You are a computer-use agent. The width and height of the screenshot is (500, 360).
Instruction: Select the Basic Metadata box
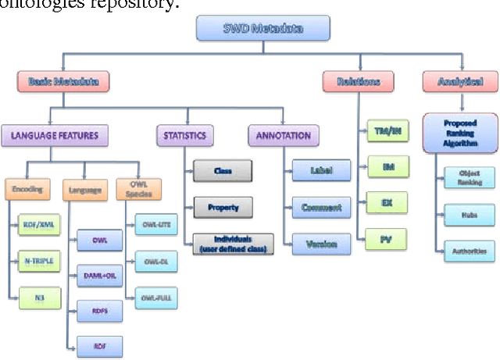63,80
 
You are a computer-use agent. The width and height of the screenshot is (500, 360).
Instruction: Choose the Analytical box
460,80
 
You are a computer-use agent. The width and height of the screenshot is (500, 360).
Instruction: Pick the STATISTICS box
184,136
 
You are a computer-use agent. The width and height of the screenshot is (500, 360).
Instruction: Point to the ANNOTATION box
284,136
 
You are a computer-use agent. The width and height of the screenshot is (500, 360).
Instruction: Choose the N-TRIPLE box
38,262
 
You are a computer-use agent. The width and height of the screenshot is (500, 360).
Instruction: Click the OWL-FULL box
155,298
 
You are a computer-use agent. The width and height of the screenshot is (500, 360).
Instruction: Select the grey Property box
223,208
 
